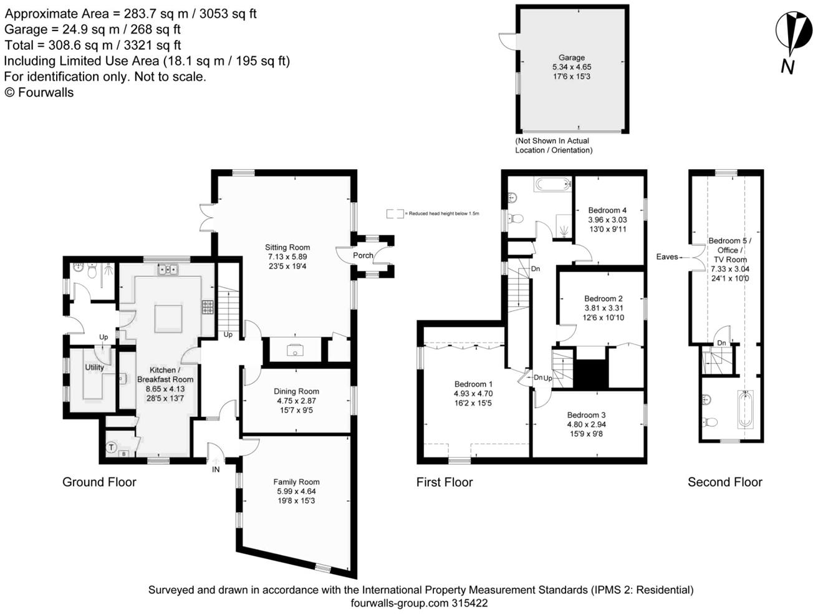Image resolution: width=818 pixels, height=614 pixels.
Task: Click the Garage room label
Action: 571,58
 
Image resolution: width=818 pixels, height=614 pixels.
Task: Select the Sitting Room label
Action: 287,247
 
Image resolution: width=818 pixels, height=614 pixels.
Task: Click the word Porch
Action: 363,255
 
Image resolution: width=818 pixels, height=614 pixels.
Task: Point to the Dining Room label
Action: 296,391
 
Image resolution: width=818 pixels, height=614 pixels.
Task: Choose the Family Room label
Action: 296,482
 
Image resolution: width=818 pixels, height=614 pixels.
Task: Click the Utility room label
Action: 94,367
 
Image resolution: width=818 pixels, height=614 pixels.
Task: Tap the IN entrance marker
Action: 216,470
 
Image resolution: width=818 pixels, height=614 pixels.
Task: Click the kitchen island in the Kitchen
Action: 168,318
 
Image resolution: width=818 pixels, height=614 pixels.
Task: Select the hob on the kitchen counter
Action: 208,307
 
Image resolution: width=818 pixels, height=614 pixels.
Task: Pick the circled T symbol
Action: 111,447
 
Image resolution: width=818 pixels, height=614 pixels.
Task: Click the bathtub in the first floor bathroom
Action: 552,184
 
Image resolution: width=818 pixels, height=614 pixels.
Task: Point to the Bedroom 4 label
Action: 607,210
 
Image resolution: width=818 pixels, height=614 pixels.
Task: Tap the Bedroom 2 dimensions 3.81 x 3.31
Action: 604,308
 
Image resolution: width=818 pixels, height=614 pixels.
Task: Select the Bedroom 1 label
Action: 473,384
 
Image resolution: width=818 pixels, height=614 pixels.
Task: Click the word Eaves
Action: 666,257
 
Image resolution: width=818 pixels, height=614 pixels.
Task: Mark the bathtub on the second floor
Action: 745,409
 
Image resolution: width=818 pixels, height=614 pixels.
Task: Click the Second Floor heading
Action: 725,482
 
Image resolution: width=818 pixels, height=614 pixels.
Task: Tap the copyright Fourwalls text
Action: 39,92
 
